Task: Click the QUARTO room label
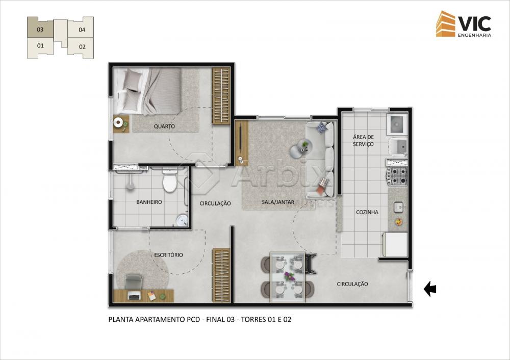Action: [x=164, y=126]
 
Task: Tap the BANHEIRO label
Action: [x=149, y=202]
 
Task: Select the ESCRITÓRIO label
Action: [x=168, y=255]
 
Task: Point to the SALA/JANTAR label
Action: [x=278, y=202]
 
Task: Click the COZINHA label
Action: [x=367, y=212]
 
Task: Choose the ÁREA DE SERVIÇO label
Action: [x=363, y=141]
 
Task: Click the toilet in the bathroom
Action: [x=169, y=180]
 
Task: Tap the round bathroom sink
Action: [x=182, y=221]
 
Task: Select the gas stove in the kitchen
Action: [x=397, y=176]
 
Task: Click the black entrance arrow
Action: [x=430, y=289]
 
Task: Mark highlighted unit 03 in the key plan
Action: [x=40, y=29]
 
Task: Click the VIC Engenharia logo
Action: [x=464, y=24]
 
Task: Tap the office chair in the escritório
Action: [x=133, y=281]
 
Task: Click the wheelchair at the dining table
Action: [x=310, y=263]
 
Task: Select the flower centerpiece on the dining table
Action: [x=289, y=276]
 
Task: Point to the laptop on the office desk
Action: [x=134, y=296]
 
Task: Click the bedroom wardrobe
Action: [x=221, y=96]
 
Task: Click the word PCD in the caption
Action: [x=193, y=319]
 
